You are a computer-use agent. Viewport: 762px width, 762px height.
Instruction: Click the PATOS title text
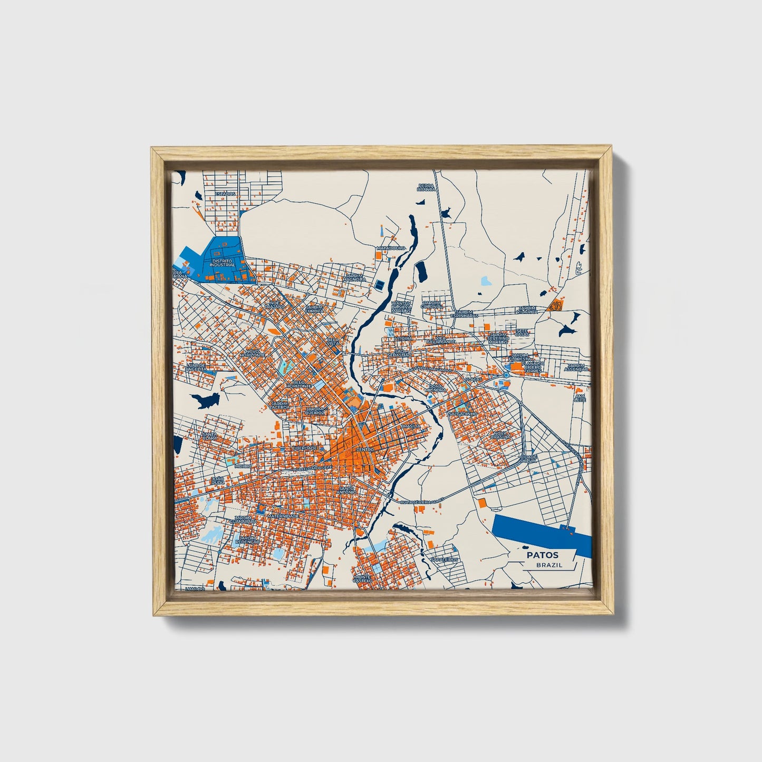click(x=542, y=555)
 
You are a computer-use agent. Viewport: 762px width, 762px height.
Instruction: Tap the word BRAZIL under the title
click(x=549, y=565)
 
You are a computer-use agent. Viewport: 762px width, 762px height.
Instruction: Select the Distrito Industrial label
click(x=221, y=263)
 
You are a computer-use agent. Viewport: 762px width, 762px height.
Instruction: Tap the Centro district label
click(x=365, y=449)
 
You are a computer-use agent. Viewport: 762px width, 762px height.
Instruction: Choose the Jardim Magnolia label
click(x=355, y=277)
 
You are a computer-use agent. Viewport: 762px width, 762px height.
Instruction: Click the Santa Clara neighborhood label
click(x=209, y=436)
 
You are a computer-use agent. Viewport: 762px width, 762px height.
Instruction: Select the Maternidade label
click(x=283, y=516)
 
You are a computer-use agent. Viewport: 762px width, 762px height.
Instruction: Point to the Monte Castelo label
click(x=363, y=579)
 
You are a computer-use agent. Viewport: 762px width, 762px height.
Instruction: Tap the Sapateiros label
click(x=444, y=560)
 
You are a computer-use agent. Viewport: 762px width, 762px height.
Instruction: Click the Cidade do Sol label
click(x=528, y=458)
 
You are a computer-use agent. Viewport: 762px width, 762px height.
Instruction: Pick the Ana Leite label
click(x=580, y=398)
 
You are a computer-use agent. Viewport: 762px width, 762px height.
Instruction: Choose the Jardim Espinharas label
click(x=464, y=314)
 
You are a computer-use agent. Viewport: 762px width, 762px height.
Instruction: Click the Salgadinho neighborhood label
click(x=462, y=414)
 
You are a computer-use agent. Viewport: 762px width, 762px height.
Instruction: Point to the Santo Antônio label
click(x=347, y=489)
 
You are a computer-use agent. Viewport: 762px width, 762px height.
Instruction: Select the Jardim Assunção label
click(x=576, y=368)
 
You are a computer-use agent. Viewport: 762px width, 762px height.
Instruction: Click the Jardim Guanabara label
click(x=243, y=519)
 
